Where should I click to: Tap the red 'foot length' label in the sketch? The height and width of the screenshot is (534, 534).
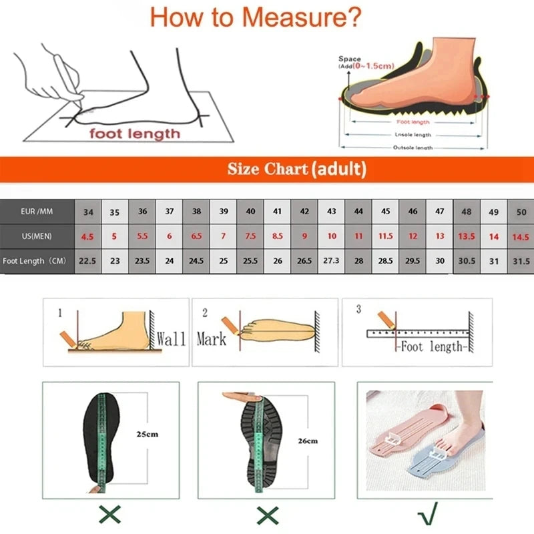pos(136,133)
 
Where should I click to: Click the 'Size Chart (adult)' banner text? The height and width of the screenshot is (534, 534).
pos(296,169)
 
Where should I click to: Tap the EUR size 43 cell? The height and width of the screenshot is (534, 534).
pos(332,212)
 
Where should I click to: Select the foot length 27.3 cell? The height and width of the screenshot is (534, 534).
pos(332,261)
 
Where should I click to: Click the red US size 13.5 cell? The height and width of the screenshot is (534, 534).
pos(467,236)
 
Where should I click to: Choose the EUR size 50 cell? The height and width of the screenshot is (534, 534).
pos(521,212)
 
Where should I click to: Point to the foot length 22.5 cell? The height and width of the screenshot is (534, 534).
pos(87,261)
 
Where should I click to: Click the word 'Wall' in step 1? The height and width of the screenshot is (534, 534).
pos(171,338)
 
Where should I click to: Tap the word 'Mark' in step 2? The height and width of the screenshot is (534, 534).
pos(211,339)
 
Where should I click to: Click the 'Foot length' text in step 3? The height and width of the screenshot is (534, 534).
pos(431,346)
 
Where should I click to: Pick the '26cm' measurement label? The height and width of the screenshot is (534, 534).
pos(308,441)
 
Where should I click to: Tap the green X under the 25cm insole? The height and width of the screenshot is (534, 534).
pos(109,514)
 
